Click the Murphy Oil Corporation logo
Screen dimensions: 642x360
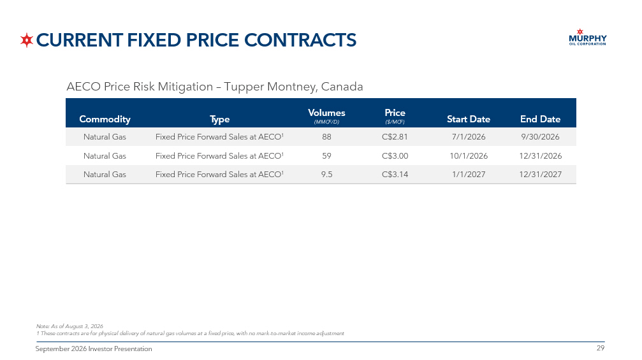(x=588, y=37)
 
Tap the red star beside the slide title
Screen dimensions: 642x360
(x=27, y=40)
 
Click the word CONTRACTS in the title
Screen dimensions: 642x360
(x=300, y=40)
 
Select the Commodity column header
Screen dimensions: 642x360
(x=105, y=119)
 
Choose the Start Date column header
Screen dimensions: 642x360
(x=469, y=119)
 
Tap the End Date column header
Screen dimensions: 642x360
(x=540, y=119)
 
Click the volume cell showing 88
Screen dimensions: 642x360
(x=326, y=136)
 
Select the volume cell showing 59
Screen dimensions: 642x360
(x=326, y=156)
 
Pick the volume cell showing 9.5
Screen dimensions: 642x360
(x=326, y=175)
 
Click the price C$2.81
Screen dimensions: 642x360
(x=395, y=136)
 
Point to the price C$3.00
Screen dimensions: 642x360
(x=395, y=156)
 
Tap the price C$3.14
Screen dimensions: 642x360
(x=395, y=175)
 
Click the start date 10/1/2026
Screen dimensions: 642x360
(x=469, y=156)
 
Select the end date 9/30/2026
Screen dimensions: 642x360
(x=540, y=136)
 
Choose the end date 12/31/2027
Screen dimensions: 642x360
(x=540, y=175)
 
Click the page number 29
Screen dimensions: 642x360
(x=600, y=348)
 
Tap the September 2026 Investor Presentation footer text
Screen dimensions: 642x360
(x=94, y=349)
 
